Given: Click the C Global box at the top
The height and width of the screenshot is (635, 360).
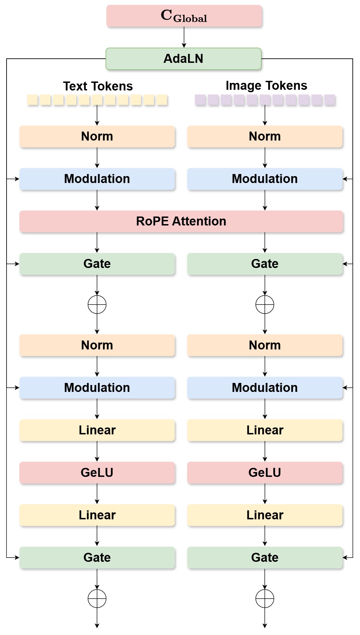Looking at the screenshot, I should tap(184, 16).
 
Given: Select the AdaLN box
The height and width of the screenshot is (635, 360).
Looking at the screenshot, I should tap(183, 59).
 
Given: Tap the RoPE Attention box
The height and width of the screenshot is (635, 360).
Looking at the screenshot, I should tap(181, 221).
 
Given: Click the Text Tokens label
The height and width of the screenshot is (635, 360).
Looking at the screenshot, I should tap(98, 86).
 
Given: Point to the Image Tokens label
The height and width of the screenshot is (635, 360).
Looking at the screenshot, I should tap(266, 86).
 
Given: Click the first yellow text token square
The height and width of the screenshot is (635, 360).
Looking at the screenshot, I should tap(32, 100).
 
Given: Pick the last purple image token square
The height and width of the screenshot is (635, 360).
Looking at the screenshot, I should tap(330, 100).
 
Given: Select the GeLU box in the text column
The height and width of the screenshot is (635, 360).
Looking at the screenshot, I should tap(97, 472).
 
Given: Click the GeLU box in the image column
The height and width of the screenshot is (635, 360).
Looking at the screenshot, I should tap(265, 472).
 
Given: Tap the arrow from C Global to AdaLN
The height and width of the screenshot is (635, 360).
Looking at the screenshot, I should tap(184, 37).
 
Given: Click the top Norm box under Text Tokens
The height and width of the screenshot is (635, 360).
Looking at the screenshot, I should tap(97, 136).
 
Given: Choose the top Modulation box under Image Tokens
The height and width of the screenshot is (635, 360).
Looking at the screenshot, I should tap(265, 179).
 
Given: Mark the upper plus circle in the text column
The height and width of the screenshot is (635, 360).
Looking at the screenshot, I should tap(97, 305).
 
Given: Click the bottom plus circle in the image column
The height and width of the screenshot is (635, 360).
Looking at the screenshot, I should tap(265, 599).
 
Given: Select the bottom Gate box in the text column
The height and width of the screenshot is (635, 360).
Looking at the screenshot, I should tap(97, 557).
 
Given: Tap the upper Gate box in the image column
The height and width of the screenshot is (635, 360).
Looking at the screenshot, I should tap(265, 264).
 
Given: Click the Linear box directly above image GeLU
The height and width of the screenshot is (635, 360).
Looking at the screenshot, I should tap(265, 430).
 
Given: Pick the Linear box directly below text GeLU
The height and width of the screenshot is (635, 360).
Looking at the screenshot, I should tap(97, 515).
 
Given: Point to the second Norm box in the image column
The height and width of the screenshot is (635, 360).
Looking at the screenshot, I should tap(265, 345).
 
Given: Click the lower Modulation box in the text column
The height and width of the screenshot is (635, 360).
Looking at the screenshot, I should tap(97, 388).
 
